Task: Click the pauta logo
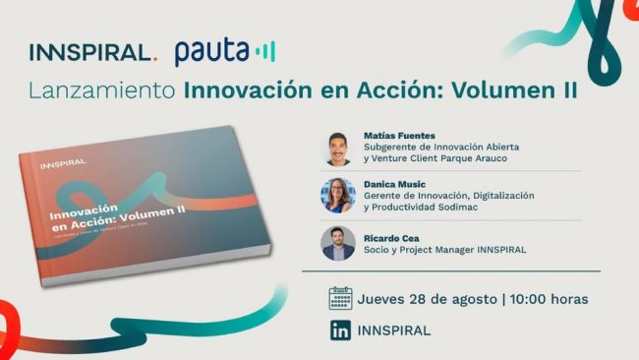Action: click(x=224, y=51)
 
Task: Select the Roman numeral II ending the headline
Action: click(x=564, y=91)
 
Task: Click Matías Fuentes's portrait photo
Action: click(x=338, y=148)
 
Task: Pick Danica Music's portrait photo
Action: click(x=338, y=195)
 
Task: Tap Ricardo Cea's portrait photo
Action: click(x=338, y=243)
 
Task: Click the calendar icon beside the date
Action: click(x=340, y=298)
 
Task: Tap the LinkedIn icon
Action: click(x=340, y=330)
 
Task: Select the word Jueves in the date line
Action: click(x=384, y=298)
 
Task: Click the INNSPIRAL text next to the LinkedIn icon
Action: click(x=394, y=330)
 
